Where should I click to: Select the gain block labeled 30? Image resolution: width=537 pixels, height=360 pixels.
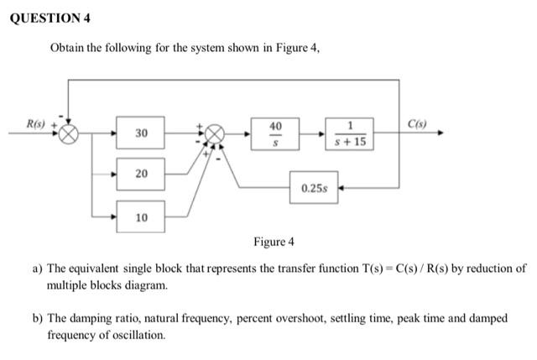(x=141, y=133)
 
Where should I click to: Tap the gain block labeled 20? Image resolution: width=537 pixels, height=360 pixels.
(x=141, y=174)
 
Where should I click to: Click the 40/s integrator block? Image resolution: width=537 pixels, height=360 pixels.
(x=274, y=133)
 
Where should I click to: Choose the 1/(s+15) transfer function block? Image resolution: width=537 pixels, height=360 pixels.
(x=349, y=133)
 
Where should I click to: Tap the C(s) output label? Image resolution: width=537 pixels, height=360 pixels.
(x=417, y=125)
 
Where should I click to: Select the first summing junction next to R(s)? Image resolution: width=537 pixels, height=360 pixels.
(x=69, y=134)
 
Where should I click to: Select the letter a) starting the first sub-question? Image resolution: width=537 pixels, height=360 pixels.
(x=38, y=269)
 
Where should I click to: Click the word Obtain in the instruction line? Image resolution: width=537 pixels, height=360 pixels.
(x=70, y=48)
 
